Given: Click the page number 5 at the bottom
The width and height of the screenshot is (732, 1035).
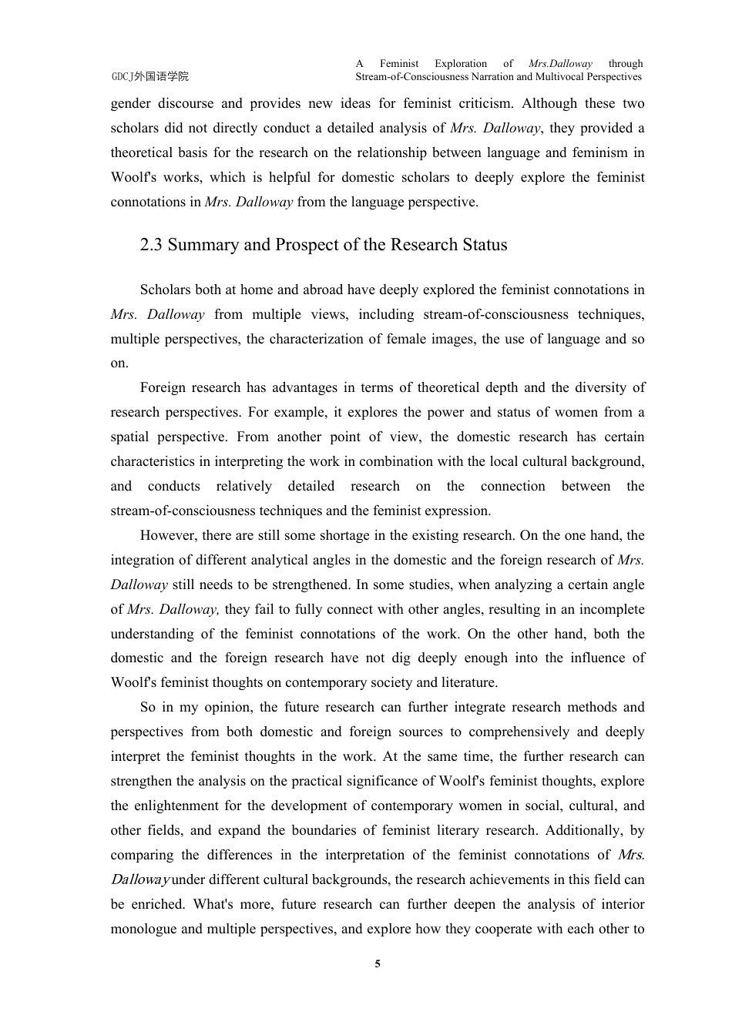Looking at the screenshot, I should pyautogui.click(x=378, y=963).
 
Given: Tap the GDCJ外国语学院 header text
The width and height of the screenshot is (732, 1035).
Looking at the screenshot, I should pyautogui.click(x=149, y=76).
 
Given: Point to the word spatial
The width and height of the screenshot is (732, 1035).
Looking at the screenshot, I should pyautogui.click(x=129, y=437).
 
